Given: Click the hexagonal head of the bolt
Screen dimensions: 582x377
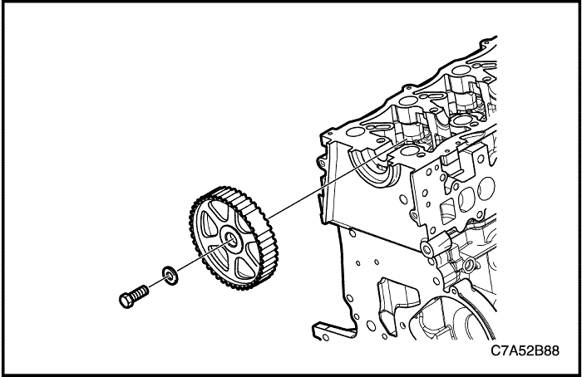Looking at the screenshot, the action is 126,301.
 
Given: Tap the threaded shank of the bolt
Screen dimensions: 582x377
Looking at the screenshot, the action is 141,292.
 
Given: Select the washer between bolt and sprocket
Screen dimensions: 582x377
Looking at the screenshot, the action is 170,275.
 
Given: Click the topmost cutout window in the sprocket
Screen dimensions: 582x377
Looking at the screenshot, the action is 218,209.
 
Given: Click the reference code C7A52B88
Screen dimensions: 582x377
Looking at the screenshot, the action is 525,350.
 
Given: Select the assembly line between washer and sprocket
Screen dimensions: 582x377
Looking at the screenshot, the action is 204,257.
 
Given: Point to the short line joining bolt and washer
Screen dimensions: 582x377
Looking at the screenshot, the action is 156,283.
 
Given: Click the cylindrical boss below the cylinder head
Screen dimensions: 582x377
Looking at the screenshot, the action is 435,246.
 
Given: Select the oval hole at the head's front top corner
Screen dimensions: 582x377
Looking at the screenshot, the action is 355,132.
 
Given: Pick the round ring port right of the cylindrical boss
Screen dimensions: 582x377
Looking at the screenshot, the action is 469,265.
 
